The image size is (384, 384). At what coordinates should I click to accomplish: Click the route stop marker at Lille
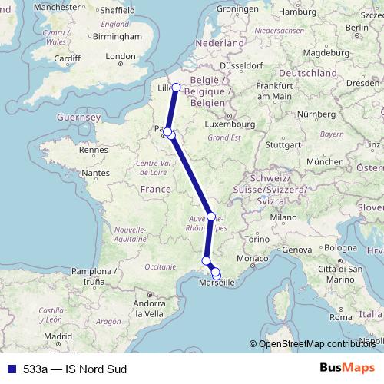pyautogui.click(x=176, y=87)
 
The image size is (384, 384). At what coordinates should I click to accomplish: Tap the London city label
pyautogui.click(x=121, y=56)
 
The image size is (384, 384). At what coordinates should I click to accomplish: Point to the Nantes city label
pyautogui.click(x=98, y=174)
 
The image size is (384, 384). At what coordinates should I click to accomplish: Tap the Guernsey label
pyautogui.click(x=79, y=118)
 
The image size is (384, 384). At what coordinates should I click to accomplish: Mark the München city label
pyautogui.click(x=323, y=162)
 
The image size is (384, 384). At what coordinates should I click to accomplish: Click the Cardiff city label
pyautogui.click(x=67, y=58)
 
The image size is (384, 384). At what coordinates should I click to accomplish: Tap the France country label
pyautogui.click(x=155, y=189)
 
